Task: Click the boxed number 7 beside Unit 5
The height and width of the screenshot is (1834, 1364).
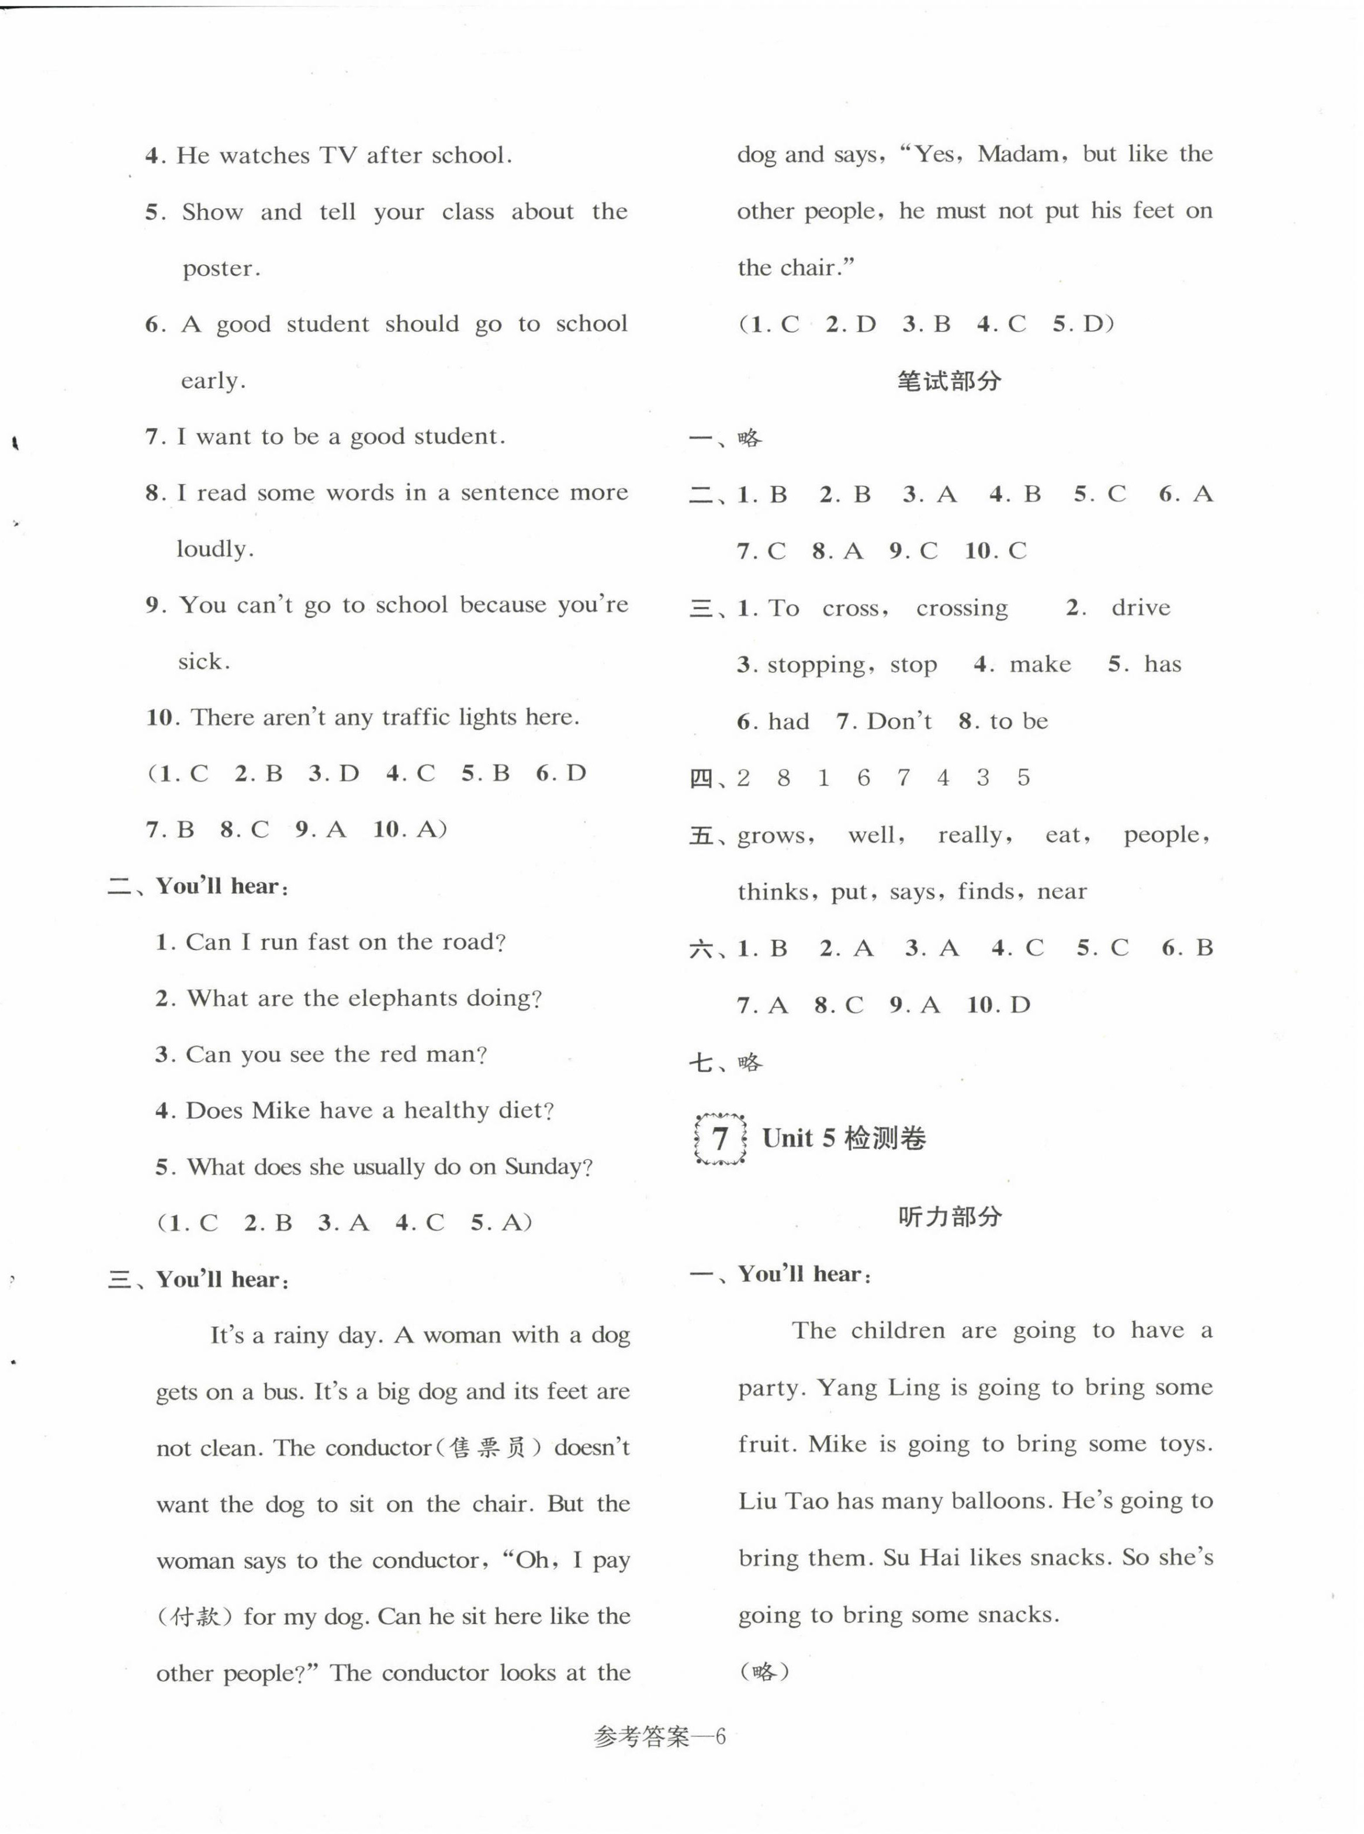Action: tap(720, 1139)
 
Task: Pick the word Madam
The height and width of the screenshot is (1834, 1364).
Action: tap(1019, 154)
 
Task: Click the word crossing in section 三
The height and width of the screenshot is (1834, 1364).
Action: tap(961, 609)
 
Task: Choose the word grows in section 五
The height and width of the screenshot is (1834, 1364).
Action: tap(774, 835)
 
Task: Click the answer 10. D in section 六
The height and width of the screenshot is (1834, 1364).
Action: tap(998, 1005)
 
